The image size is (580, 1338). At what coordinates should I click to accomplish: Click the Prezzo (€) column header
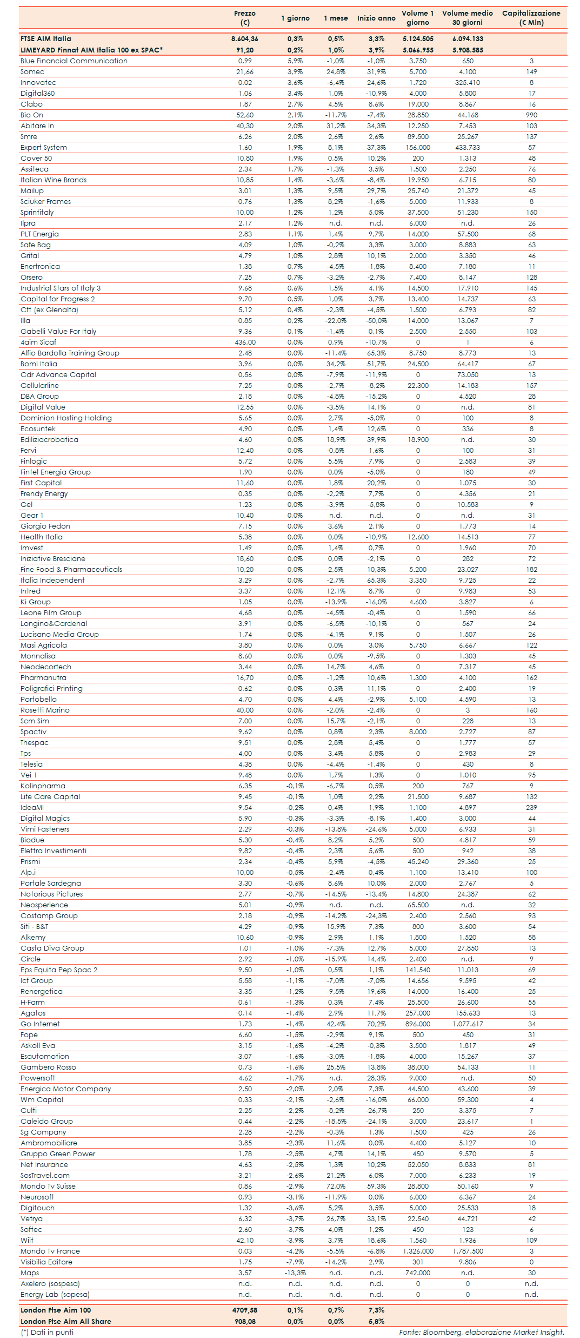[245, 18]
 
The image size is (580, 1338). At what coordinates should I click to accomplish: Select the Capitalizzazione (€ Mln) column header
[531, 18]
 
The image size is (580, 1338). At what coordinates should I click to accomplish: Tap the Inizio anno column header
[376, 18]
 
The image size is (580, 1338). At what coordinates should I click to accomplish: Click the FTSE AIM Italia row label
[46, 39]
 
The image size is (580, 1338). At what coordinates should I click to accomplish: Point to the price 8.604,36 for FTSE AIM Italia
[245, 39]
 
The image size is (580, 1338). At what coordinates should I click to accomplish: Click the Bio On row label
[32, 115]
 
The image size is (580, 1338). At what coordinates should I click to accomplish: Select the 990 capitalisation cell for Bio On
[531, 115]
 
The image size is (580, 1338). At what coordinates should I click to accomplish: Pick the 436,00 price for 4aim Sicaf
[245, 342]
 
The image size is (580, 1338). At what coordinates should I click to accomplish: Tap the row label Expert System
[44, 148]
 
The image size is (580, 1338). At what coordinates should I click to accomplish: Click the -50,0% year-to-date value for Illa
[376, 321]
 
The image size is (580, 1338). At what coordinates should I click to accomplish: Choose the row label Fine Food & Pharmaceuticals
[71, 570]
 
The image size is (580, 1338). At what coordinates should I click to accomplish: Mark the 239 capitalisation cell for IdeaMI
[531, 808]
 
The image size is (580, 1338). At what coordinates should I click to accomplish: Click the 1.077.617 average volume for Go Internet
[468, 1024]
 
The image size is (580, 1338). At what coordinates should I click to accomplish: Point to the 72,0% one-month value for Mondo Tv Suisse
[336, 1187]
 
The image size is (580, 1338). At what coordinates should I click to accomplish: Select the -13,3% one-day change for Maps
[295, 1273]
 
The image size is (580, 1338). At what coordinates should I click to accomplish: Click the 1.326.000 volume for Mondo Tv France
[418, 1251]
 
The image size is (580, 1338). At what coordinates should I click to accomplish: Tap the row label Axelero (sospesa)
[50, 1284]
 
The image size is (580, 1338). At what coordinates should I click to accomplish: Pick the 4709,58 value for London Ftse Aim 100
[245, 1310]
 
